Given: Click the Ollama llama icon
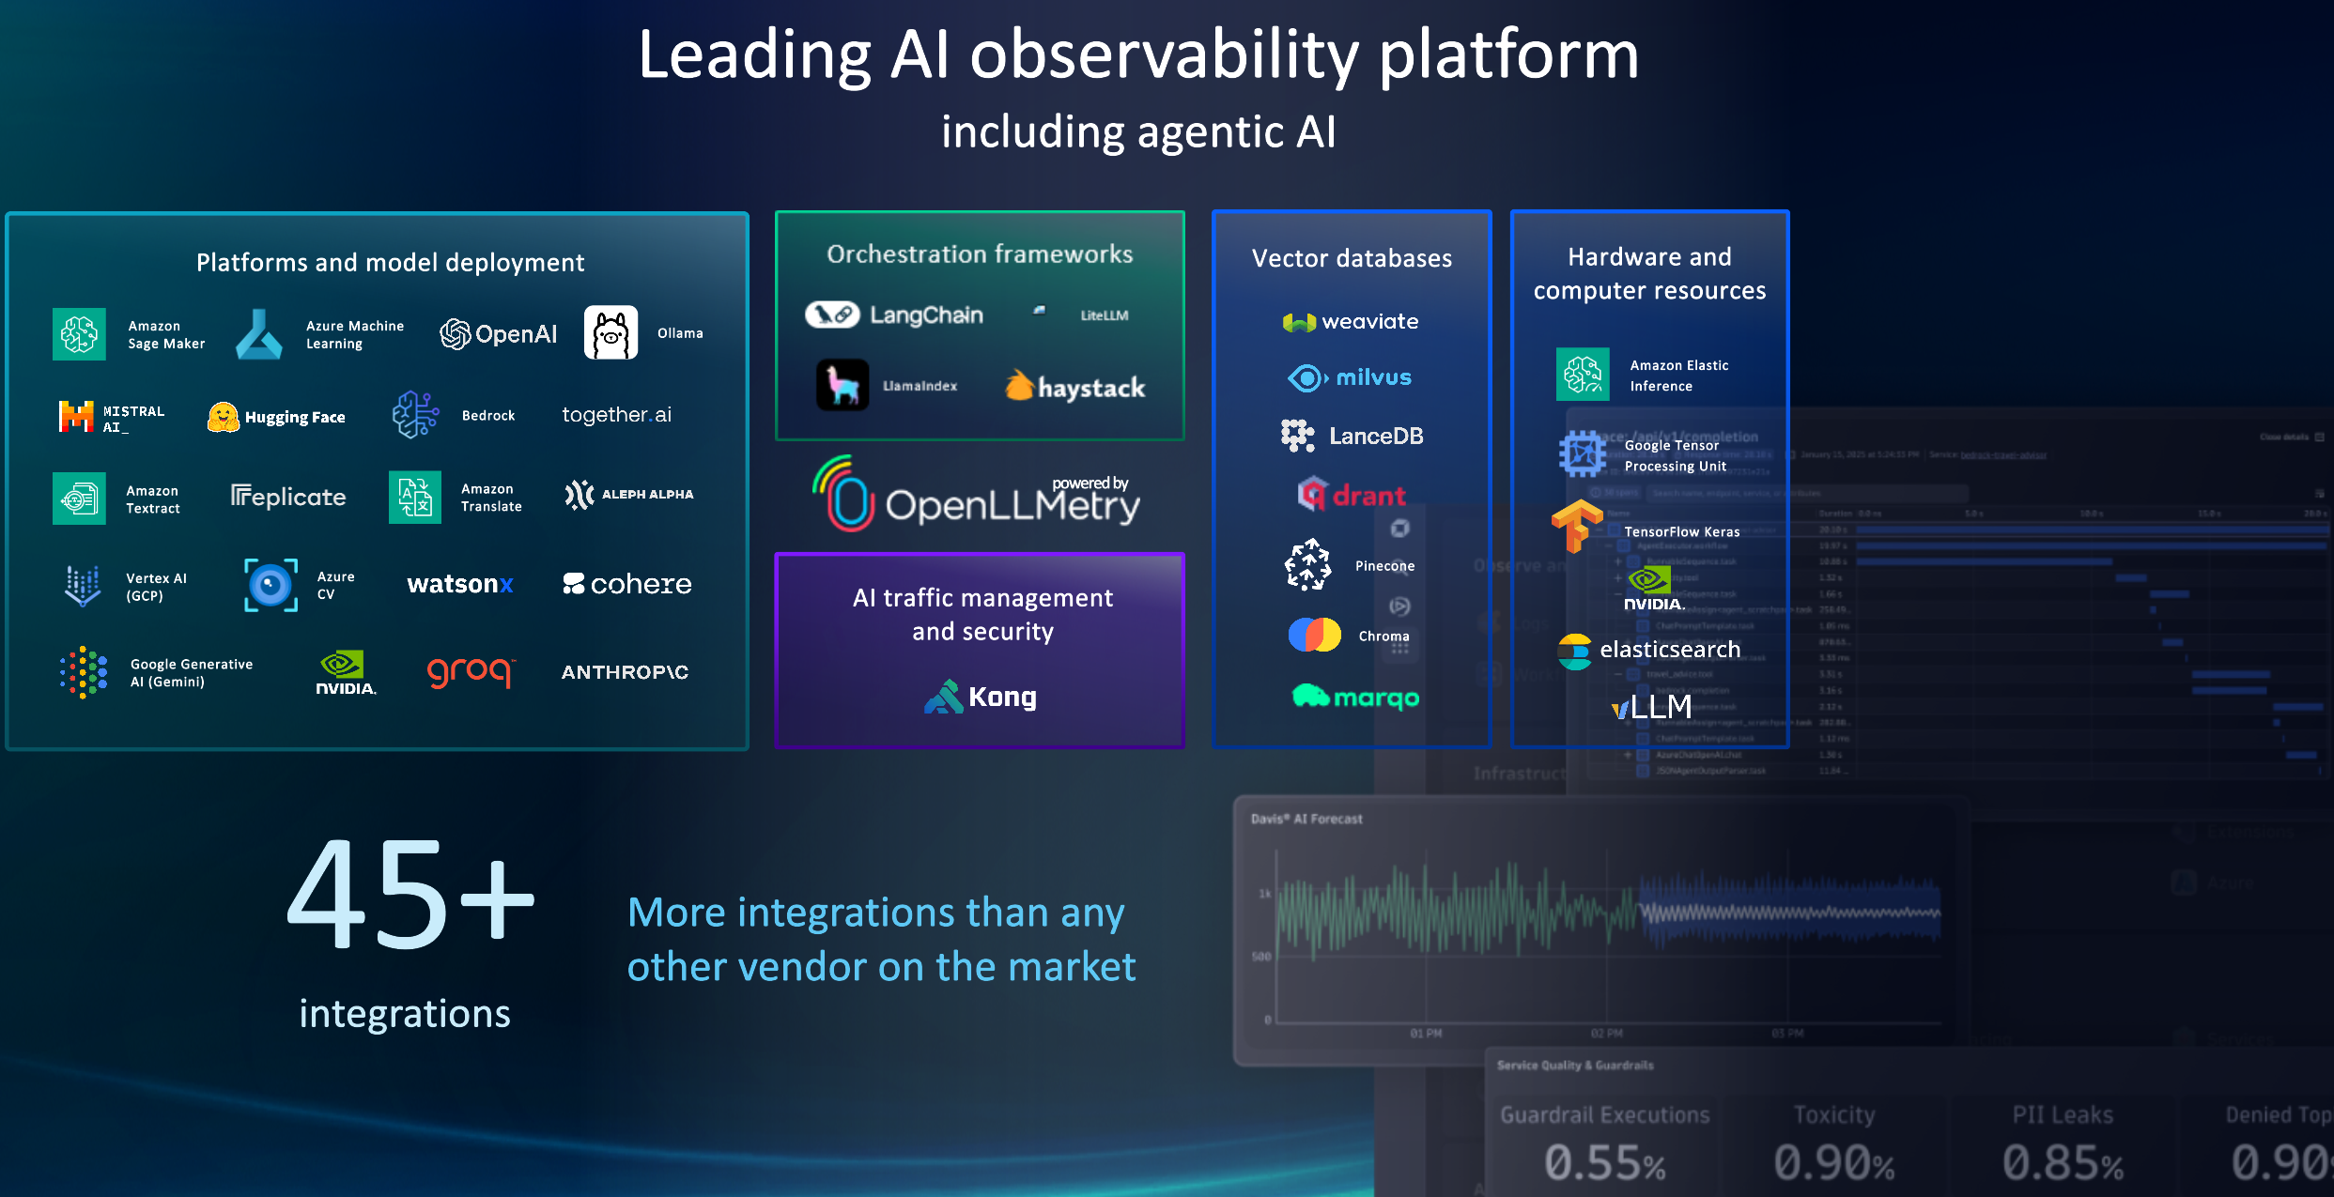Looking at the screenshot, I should [611, 333].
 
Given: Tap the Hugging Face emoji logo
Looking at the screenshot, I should [223, 417].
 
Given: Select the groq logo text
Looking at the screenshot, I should [470, 671].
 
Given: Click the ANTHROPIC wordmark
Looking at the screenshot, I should [625, 672].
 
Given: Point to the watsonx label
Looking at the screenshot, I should [459, 584].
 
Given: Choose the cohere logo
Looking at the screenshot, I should [626, 584].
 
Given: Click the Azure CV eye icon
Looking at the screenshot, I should [270, 585].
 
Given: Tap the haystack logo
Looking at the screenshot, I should [1074, 387].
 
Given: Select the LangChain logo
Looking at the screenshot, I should [894, 315].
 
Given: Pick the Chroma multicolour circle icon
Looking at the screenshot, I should [1314, 636].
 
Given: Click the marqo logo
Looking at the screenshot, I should [1355, 697].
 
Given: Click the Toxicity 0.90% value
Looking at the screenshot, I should [1833, 1162].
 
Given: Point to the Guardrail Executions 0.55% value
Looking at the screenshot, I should [1604, 1162].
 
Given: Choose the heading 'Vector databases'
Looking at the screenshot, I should [1352, 258].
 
